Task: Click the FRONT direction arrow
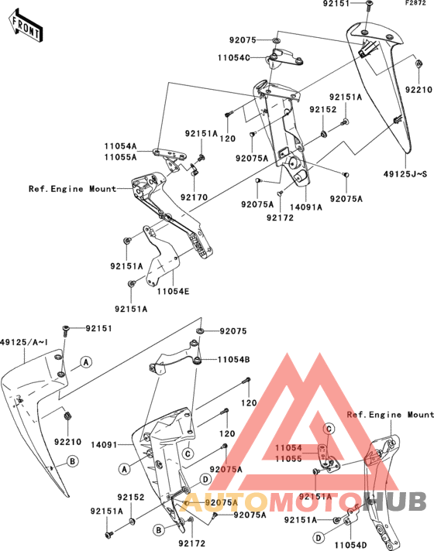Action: pos(26,26)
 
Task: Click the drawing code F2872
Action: pos(415,3)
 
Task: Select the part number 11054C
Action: pos(234,57)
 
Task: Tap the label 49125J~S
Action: pos(405,174)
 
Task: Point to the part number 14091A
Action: pos(306,207)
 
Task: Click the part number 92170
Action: pos(194,197)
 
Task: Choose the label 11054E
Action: pos(173,291)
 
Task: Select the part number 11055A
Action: pos(120,157)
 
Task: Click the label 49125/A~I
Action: pos(24,342)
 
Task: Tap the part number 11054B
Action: pos(234,360)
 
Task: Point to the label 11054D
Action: pos(350,545)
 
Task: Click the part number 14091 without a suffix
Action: pos(104,445)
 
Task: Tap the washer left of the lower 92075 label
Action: pos(200,330)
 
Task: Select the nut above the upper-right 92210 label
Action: pos(418,63)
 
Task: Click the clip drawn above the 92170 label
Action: pos(195,169)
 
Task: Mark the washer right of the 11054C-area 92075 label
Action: pos(277,40)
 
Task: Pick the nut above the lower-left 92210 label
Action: pos(67,416)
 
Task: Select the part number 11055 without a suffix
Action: pos(288,459)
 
